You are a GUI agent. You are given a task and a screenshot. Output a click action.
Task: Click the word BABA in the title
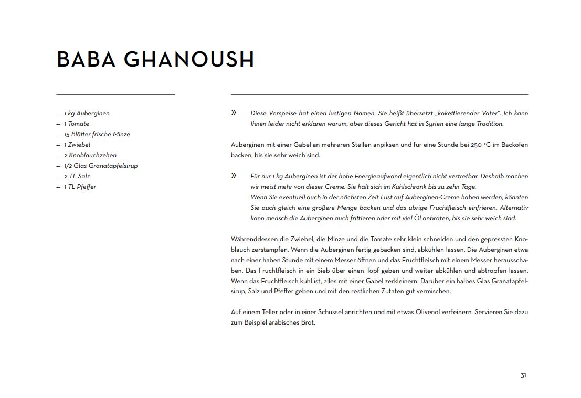(x=86, y=59)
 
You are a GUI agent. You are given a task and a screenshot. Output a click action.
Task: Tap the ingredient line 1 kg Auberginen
(x=87, y=113)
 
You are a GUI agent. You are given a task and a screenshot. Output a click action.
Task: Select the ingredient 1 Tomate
(x=77, y=124)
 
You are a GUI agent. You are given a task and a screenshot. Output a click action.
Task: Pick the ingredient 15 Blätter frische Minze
(x=97, y=134)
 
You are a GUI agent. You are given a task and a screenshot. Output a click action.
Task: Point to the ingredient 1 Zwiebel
(x=77, y=145)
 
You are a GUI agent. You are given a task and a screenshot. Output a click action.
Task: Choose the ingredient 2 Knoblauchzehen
(x=90, y=155)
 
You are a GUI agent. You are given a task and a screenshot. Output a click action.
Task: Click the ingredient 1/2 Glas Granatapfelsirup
(x=101, y=166)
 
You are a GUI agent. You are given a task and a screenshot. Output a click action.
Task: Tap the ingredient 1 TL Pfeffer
(x=80, y=187)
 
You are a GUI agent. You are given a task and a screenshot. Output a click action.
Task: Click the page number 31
(x=523, y=375)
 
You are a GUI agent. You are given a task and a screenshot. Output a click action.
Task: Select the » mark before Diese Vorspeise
(x=234, y=113)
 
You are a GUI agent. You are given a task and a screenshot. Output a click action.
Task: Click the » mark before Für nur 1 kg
(x=234, y=176)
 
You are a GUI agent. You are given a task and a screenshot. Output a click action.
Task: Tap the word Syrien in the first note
(x=426, y=124)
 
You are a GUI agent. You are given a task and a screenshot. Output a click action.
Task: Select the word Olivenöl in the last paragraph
(x=430, y=312)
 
